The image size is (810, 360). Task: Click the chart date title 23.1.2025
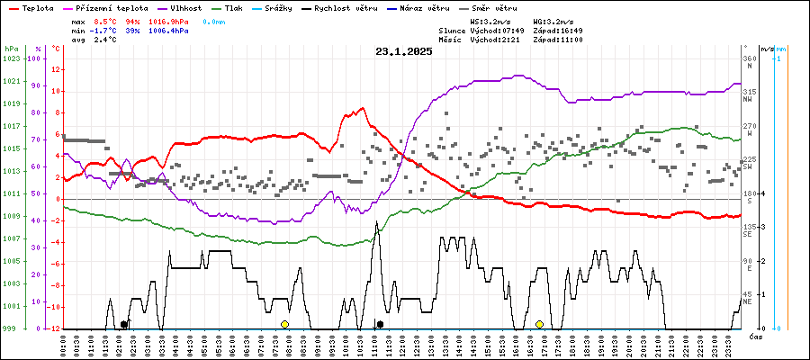point(404,51)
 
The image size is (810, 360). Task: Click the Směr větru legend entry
point(493,8)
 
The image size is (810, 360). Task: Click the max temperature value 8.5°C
point(106,20)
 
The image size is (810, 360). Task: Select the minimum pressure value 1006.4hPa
point(168,31)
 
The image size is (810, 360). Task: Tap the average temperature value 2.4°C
point(106,40)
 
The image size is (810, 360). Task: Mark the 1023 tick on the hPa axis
point(11,58)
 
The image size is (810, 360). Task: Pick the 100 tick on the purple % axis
point(36,58)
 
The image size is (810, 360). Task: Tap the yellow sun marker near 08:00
point(284,324)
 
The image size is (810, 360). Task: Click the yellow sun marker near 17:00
point(539,324)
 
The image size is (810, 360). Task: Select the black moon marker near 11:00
point(380,324)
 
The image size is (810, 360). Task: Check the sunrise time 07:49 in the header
point(510,31)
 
